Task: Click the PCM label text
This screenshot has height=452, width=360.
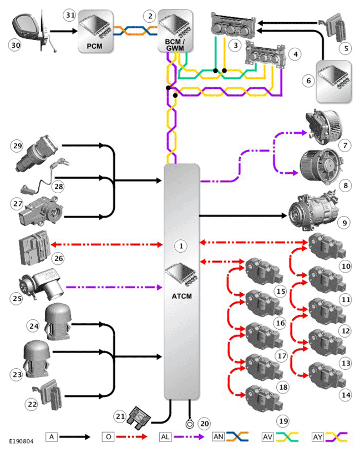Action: click(94, 46)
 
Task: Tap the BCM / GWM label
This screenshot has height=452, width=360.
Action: click(175, 44)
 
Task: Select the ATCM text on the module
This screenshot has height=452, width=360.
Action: click(182, 296)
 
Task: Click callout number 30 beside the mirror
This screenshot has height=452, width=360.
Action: click(16, 46)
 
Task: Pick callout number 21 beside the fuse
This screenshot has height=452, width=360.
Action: click(120, 416)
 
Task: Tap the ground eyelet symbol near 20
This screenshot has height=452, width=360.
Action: click(190, 424)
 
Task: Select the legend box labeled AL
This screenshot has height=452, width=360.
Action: click(165, 436)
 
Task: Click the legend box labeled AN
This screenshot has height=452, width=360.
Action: click(219, 436)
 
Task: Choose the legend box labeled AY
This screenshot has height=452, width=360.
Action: click(318, 436)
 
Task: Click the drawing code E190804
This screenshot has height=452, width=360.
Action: click(21, 441)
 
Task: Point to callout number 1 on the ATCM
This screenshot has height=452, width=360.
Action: click(181, 246)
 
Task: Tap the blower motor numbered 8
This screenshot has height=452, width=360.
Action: click(320, 167)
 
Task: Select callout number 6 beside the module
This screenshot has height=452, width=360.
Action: click(308, 81)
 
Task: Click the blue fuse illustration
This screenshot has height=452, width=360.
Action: click(139, 418)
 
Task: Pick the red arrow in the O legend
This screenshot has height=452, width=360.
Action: click(131, 436)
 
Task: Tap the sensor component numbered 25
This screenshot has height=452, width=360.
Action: click(41, 284)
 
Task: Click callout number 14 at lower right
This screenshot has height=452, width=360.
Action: click(346, 395)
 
